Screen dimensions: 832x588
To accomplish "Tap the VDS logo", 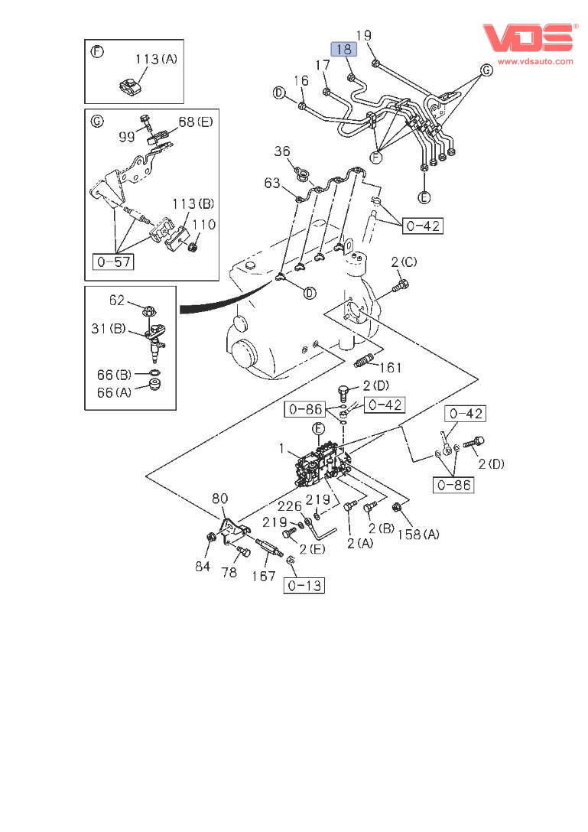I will point(528,37).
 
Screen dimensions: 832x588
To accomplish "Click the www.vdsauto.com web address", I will point(535,60).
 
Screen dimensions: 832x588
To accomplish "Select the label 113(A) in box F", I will point(156,59).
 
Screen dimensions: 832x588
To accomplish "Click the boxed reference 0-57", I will point(112,262).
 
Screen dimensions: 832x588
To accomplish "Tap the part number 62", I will point(116,301).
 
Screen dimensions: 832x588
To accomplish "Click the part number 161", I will point(391,368).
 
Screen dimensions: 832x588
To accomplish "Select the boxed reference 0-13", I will point(304,586).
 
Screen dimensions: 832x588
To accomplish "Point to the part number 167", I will point(264,575).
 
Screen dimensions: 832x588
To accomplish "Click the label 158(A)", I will point(418,535).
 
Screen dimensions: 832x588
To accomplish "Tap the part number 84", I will point(202,566).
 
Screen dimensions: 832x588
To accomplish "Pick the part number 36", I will point(284,152).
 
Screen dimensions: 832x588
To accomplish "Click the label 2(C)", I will point(404,262).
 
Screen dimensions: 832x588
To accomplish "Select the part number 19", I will point(364,35).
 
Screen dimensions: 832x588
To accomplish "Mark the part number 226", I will point(290,505).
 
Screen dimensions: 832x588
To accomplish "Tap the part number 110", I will point(203,225).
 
